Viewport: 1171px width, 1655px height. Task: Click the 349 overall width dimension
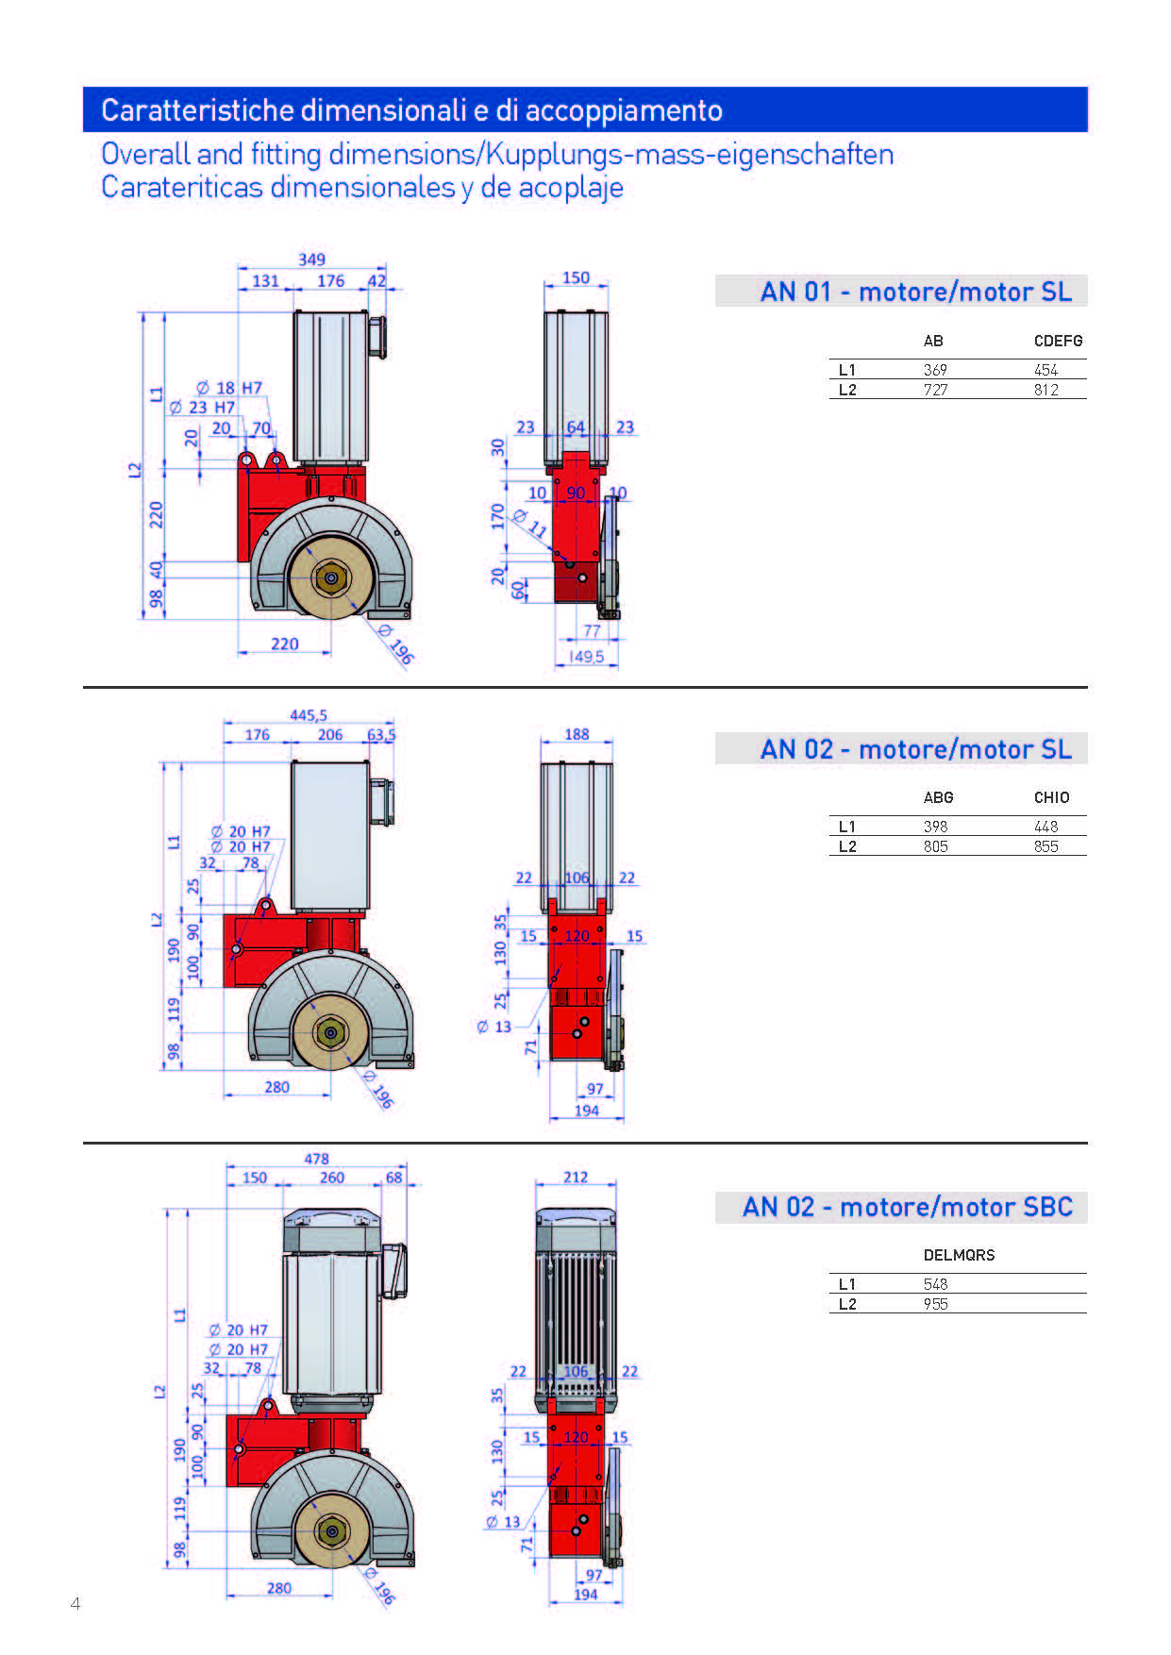coord(311,259)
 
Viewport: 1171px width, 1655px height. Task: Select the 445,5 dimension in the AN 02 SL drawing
coord(309,715)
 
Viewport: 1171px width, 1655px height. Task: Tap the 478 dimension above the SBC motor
coord(316,1159)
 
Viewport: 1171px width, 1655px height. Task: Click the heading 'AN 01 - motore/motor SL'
coord(915,292)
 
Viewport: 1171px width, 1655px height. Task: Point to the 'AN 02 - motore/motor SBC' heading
coord(907,1207)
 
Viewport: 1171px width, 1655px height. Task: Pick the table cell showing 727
coord(935,390)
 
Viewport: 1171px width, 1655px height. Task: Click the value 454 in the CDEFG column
coord(1046,370)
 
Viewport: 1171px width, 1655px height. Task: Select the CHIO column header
coord(1051,797)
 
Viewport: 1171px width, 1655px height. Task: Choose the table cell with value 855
coord(1046,846)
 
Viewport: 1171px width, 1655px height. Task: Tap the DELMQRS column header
coord(959,1255)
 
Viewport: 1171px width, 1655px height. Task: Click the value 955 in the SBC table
coord(935,1304)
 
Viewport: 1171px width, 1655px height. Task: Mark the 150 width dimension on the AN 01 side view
coord(576,277)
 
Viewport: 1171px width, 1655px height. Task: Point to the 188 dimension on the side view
coord(577,734)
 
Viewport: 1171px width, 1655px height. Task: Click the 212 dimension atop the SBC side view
coord(576,1177)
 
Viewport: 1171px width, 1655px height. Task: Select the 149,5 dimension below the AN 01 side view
coord(586,656)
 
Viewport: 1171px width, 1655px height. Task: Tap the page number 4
coord(75,1603)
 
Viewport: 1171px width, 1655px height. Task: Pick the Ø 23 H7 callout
coord(202,408)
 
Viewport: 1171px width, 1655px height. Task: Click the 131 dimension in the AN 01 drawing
coord(265,281)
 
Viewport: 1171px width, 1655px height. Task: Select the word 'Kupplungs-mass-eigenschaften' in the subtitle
coord(690,154)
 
